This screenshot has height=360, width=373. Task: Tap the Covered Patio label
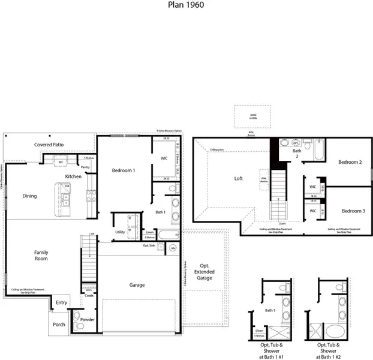click(49, 145)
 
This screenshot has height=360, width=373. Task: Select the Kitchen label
click(73, 176)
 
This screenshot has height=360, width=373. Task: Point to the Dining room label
click(29, 196)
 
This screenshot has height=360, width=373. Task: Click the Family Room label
click(41, 256)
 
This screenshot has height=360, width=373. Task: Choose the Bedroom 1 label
click(124, 171)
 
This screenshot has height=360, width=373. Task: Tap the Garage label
click(137, 285)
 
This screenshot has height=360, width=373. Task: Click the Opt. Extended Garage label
click(205, 272)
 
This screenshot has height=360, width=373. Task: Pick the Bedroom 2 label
click(349, 163)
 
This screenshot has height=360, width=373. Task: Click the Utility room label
click(120, 232)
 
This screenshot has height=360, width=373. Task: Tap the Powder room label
click(87, 320)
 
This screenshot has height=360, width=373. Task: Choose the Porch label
click(59, 325)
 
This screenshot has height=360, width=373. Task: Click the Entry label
click(62, 303)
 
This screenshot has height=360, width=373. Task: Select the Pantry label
click(85, 167)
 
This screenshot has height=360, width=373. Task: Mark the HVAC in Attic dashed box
click(243, 116)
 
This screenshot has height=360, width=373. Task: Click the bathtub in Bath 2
click(317, 148)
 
